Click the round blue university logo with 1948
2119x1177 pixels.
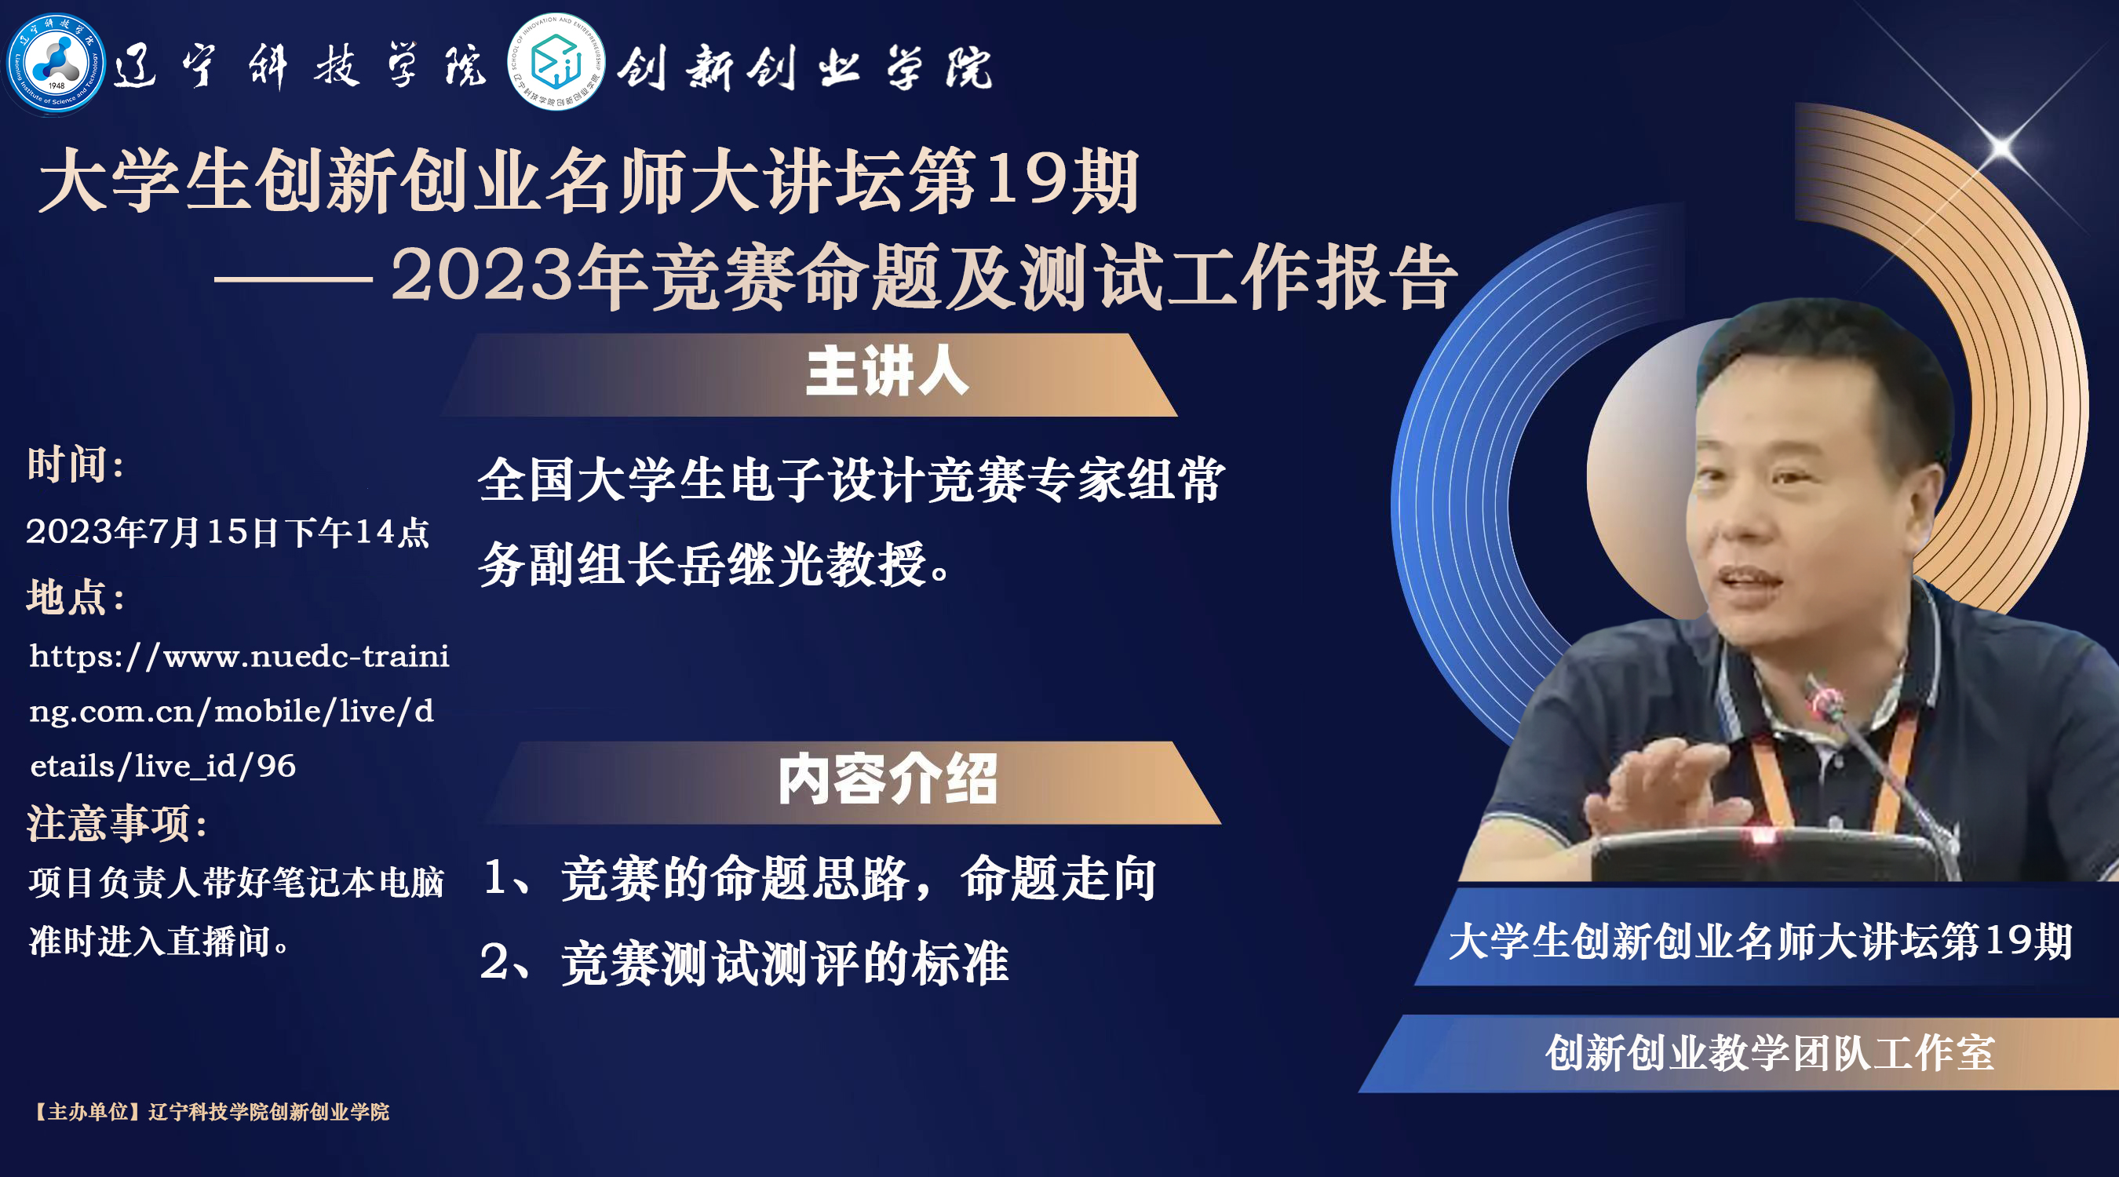56,64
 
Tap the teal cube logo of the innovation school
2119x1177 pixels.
557,62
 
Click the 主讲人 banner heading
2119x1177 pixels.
887,372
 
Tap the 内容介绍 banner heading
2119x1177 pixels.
888,779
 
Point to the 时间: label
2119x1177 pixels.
75,465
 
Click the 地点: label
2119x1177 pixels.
75,596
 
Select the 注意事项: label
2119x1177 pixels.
118,822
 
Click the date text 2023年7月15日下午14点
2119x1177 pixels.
228,532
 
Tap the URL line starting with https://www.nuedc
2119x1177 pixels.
239,656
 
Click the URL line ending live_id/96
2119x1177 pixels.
163,766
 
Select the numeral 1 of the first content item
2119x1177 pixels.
495,876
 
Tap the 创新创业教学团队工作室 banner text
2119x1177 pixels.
1770,1053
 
